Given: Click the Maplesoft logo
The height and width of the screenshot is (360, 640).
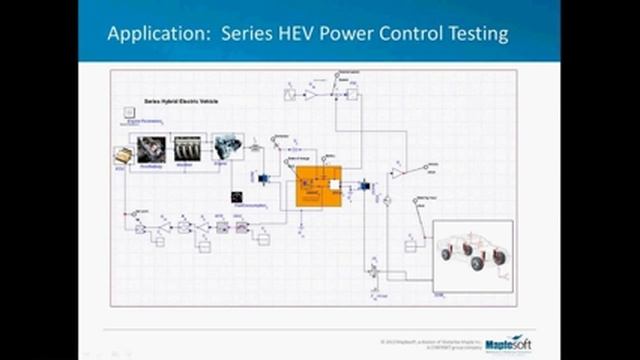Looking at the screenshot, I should click(x=506, y=344).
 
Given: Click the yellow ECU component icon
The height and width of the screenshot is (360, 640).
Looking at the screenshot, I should click(x=122, y=156).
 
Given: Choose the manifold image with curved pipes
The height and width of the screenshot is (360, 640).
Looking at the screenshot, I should click(x=188, y=148).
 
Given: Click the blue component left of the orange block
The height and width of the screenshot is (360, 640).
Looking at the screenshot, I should click(x=263, y=178).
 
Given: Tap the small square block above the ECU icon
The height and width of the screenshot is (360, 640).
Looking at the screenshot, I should click(x=128, y=113).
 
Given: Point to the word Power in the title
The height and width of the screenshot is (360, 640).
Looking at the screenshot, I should click(x=346, y=34).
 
